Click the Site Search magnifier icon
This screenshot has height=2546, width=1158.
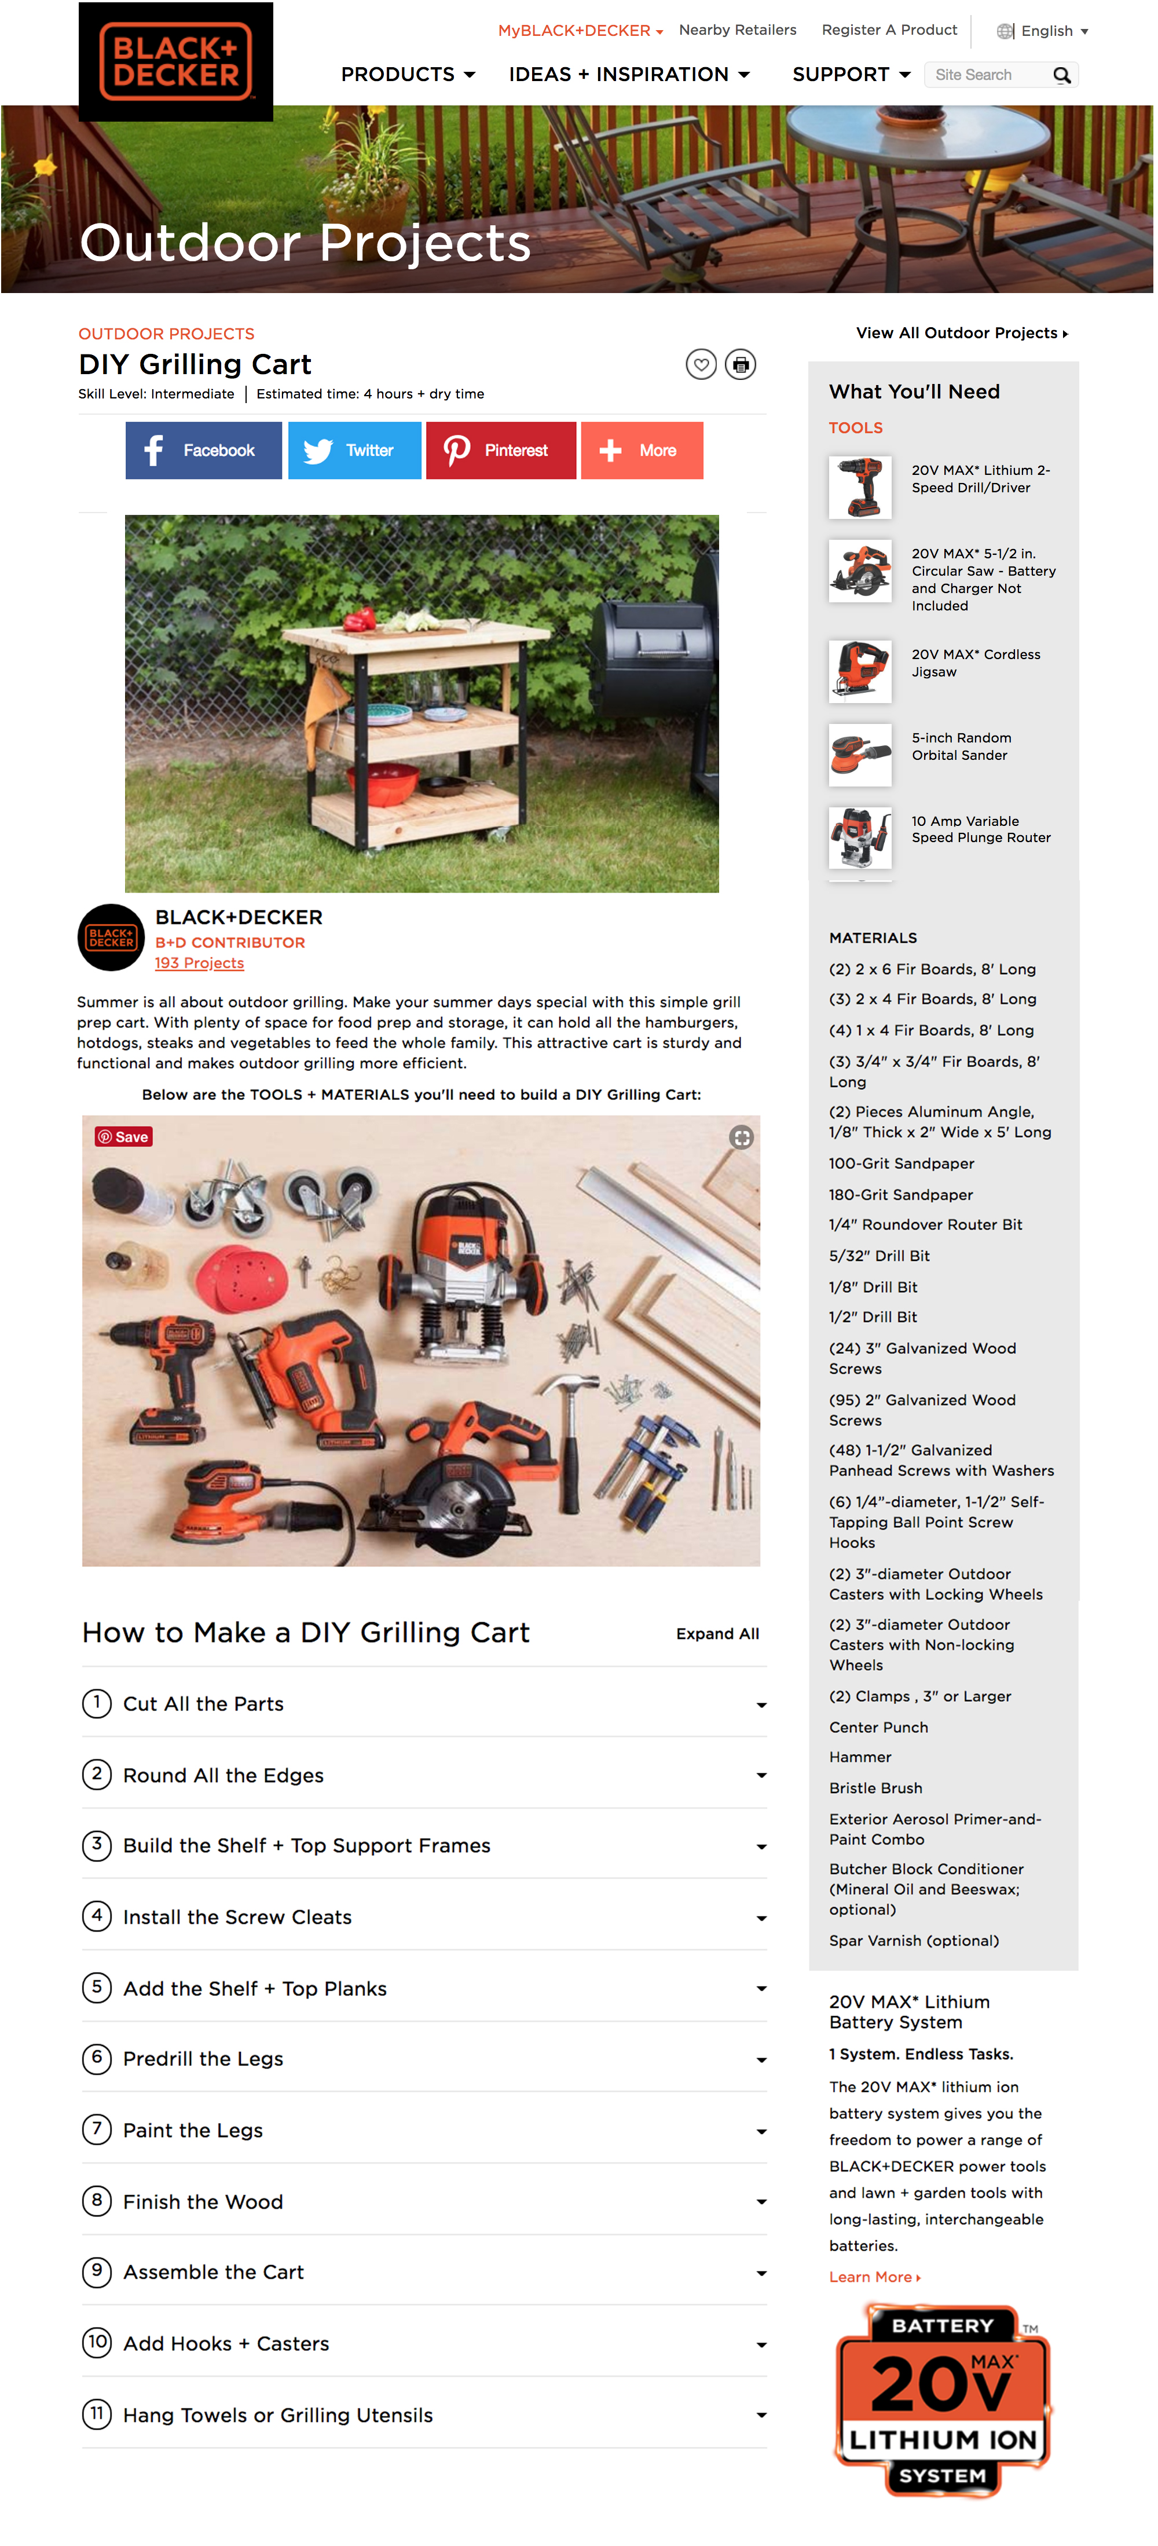point(1061,75)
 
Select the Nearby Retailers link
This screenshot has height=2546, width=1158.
point(737,30)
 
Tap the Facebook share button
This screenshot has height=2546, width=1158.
point(204,451)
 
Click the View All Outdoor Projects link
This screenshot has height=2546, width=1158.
point(961,333)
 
